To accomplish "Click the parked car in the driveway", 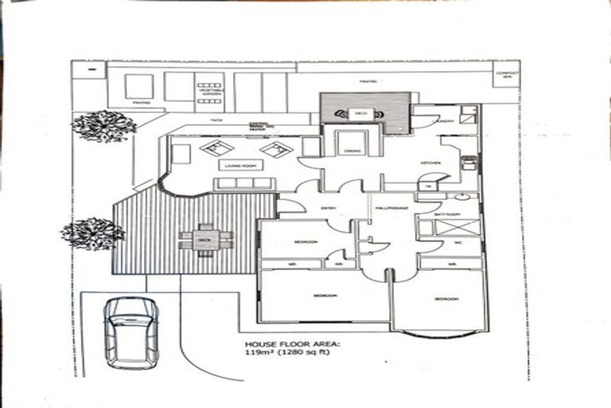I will [131, 331].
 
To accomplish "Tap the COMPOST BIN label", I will [506, 76].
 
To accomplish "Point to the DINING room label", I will [352, 151].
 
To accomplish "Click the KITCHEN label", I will [431, 163].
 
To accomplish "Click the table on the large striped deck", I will [206, 237].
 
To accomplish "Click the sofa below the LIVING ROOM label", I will [243, 184].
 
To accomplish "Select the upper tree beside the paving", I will [103, 125].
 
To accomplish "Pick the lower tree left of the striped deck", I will [93, 233].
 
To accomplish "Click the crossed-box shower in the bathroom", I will [449, 226].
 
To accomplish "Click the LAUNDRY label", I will [445, 121].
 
